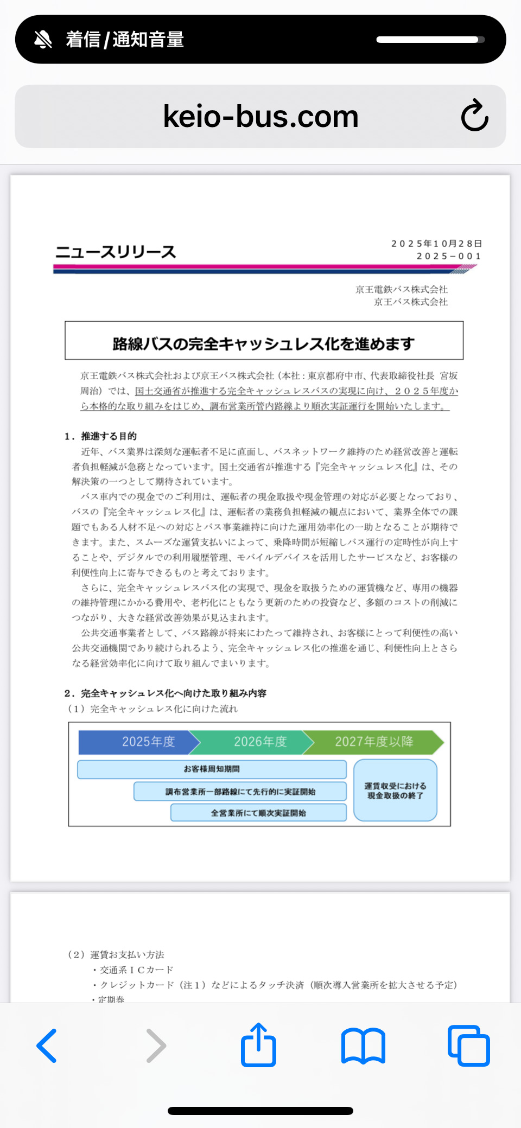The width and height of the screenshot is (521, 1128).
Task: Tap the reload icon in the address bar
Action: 475,116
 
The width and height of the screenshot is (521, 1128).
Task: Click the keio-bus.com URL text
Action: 260,117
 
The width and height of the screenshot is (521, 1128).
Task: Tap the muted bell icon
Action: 43,40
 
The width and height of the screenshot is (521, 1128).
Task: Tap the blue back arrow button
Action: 47,1045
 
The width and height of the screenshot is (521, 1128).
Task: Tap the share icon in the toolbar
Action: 258,1045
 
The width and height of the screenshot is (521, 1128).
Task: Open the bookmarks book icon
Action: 363,1045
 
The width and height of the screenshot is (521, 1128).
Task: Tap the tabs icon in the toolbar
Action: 469,1045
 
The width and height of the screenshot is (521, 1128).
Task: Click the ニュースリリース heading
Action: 116,252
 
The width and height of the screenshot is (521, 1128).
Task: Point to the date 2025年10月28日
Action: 436,244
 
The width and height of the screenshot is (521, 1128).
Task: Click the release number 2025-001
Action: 448,256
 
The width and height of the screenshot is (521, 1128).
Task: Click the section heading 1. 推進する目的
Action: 101,436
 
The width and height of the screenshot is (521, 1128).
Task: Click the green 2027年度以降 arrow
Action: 374,742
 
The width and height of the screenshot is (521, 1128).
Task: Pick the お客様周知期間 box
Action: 212,769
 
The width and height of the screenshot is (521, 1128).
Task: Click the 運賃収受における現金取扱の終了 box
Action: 395,791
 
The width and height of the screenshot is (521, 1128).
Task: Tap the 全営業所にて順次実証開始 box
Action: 258,813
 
